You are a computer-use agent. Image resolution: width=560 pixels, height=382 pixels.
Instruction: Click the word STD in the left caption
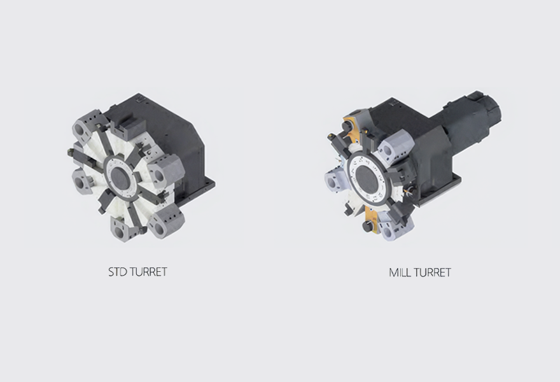[x=118, y=272]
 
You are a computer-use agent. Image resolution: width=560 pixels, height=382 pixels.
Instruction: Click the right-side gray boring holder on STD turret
[x=165, y=171]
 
